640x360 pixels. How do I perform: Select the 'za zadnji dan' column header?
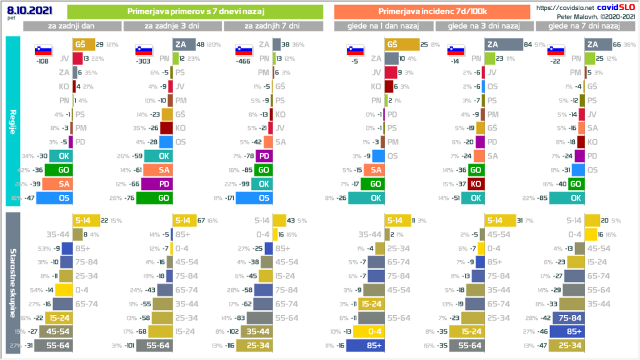(x=72, y=26)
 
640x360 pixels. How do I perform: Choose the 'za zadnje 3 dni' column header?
(x=172, y=26)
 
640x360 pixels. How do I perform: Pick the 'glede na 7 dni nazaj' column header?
(x=583, y=26)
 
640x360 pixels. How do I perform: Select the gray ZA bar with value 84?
(x=503, y=44)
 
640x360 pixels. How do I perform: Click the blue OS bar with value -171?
(x=253, y=198)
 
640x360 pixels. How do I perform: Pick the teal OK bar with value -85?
(x=567, y=198)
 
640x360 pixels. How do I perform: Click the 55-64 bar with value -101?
(x=159, y=344)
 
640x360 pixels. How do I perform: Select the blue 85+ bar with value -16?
(x=364, y=344)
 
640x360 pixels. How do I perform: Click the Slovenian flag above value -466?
(x=243, y=51)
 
